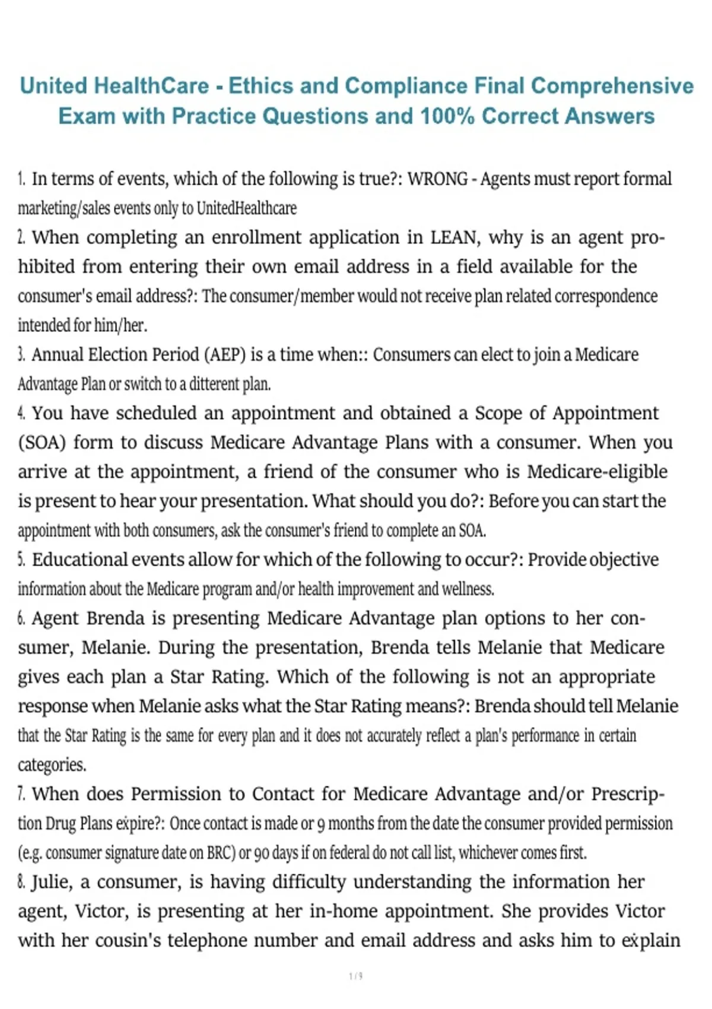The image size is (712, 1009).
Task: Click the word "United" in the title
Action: (x=54, y=86)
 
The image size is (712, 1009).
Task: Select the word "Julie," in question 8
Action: (x=52, y=882)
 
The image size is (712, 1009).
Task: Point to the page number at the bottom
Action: (x=356, y=976)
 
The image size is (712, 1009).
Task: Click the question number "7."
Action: (x=21, y=794)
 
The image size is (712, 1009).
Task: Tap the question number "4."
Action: (x=21, y=413)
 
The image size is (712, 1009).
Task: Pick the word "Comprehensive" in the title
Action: (x=612, y=86)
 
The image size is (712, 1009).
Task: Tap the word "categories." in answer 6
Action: (x=52, y=764)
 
